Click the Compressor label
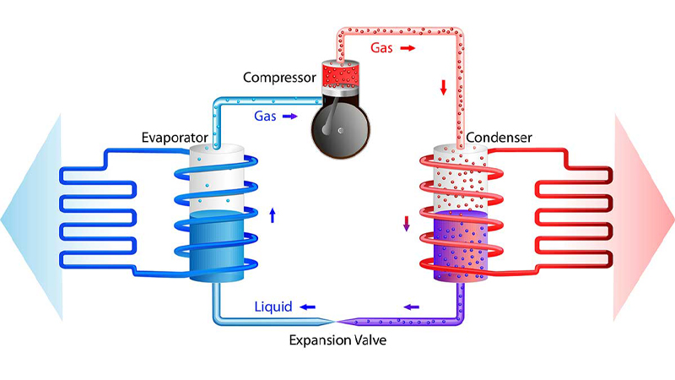tap(279, 78)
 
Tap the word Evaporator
tap(175, 138)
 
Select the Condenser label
tap(499, 138)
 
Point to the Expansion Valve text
tap(337, 340)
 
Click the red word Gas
tap(381, 48)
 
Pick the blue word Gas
tap(265, 116)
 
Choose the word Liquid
tap(273, 307)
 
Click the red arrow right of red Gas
tap(408, 48)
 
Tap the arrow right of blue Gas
tap(289, 117)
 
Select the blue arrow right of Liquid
tap(308, 307)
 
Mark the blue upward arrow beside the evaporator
tap(272, 215)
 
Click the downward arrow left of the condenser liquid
tap(406, 224)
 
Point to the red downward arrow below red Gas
tap(444, 88)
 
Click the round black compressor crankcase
tap(341, 129)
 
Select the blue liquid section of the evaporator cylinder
tap(217, 247)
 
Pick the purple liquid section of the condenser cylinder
tap(460, 246)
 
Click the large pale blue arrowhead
tap(31, 218)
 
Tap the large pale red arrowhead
tap(644, 218)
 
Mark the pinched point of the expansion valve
tap(335, 322)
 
